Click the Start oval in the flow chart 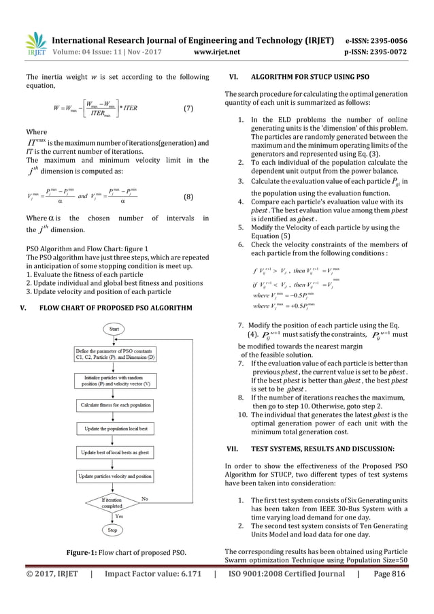(112, 330)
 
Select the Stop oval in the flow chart (112, 529)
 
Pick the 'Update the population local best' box (112, 430)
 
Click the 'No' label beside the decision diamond (144, 499)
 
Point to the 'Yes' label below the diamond (120, 517)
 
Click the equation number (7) (193, 109)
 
